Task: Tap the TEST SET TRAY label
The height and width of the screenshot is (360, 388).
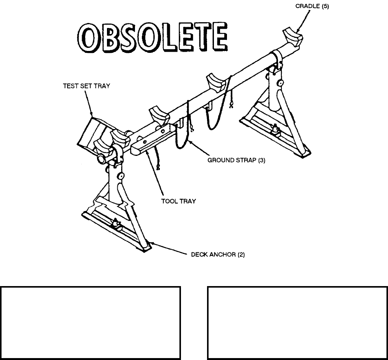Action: click(87, 86)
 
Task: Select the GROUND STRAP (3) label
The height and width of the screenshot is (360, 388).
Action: click(237, 161)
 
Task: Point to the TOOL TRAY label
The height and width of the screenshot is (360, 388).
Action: click(178, 201)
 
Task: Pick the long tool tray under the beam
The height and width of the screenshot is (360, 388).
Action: click(153, 140)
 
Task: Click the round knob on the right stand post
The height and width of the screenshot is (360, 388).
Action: click(281, 83)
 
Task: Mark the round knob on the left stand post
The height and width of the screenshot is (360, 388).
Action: click(121, 176)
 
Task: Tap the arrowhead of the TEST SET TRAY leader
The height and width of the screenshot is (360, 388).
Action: click(92, 114)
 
